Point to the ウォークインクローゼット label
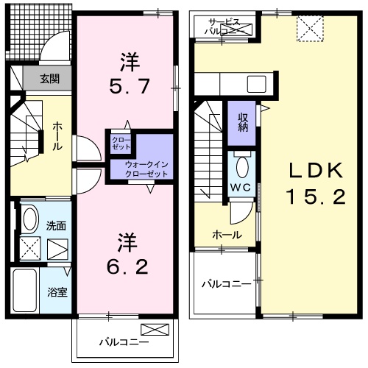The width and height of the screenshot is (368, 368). (x=146, y=168)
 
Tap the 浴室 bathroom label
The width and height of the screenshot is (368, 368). (x=58, y=292)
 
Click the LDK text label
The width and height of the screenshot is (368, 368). (x=315, y=171)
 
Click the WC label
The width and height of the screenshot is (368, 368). (x=241, y=187)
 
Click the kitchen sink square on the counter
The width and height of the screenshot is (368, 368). (x=255, y=82)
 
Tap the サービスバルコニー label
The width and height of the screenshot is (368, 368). (x=224, y=27)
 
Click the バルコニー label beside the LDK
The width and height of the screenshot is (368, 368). (x=224, y=283)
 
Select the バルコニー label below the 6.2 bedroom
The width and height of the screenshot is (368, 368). (x=124, y=342)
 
